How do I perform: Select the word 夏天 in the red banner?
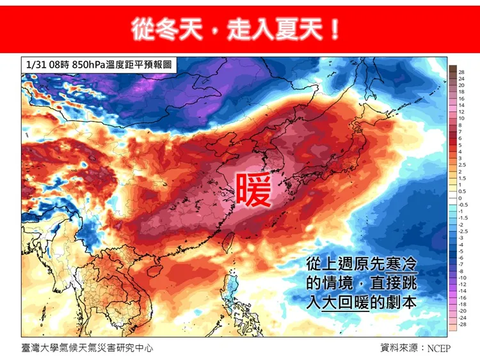(x=301, y=29)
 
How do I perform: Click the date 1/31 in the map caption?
(x=35, y=65)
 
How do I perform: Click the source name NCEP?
(x=440, y=348)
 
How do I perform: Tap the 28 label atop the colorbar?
(x=461, y=72)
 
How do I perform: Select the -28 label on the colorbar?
(x=461, y=325)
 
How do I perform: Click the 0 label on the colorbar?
(x=460, y=199)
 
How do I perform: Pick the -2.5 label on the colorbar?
(x=463, y=231)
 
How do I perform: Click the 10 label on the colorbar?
(x=461, y=119)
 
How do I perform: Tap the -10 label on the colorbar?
(x=461, y=278)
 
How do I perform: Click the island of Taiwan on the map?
(x=231, y=244)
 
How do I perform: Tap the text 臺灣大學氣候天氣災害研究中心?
(x=87, y=348)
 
